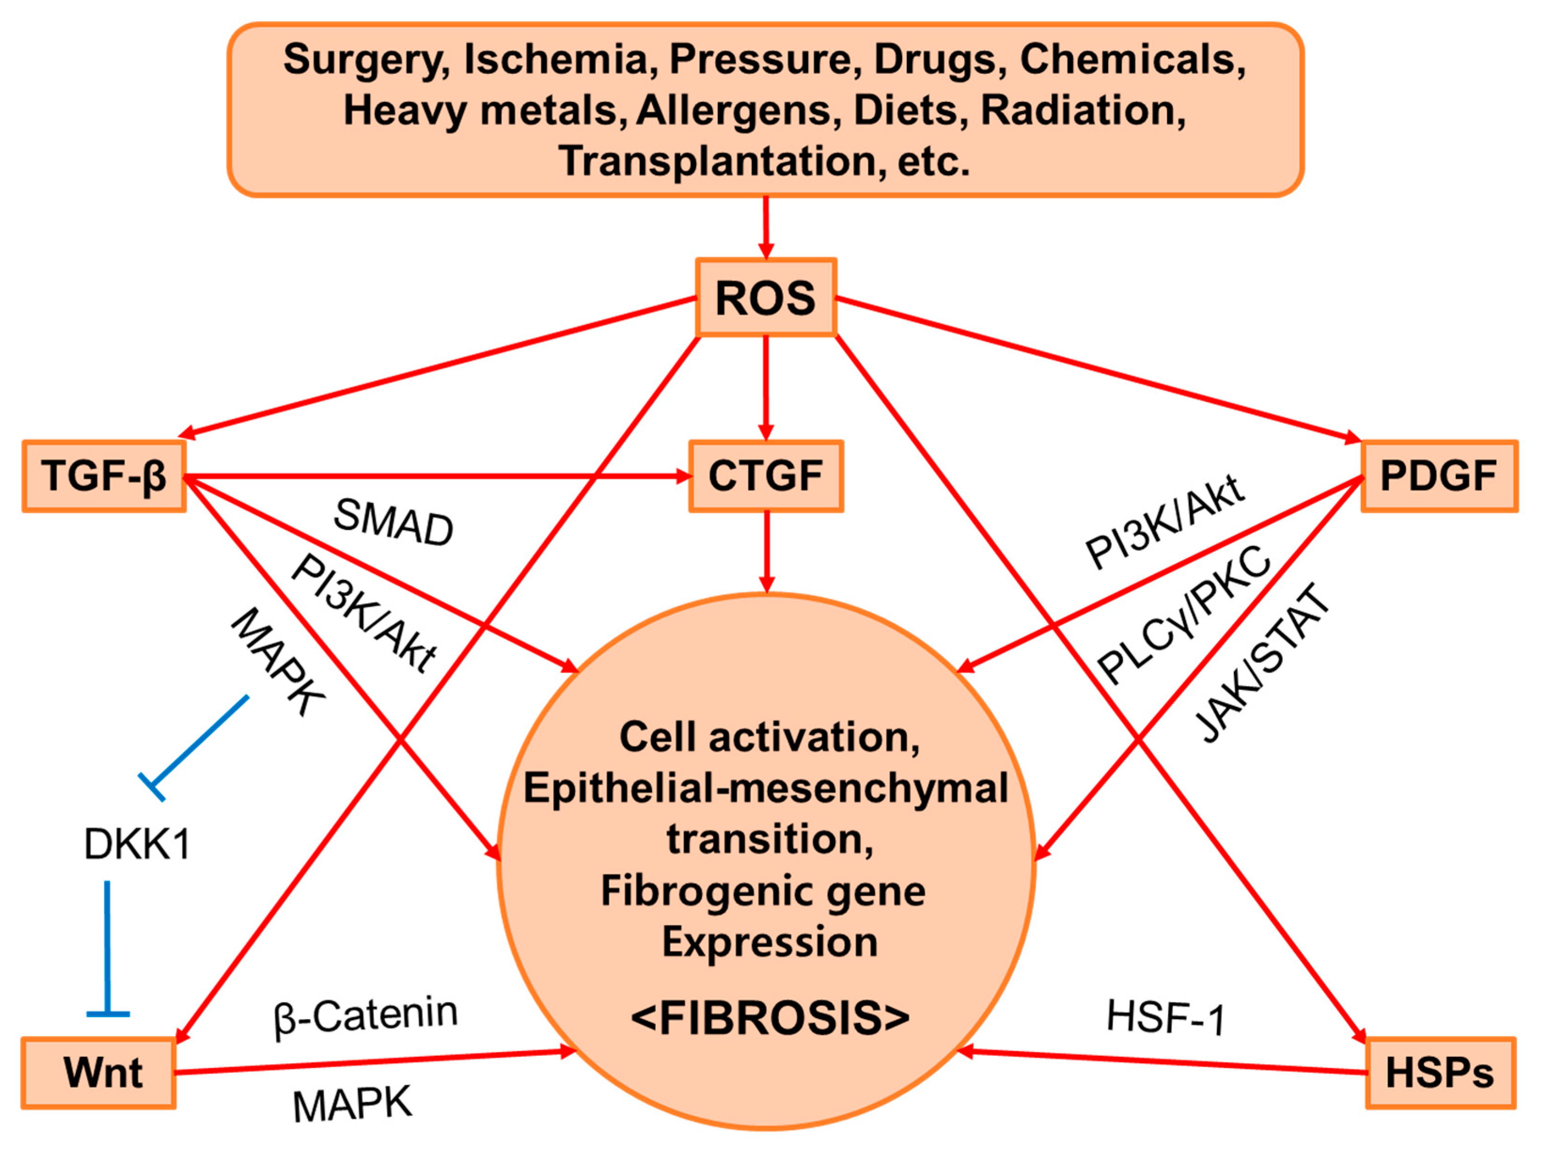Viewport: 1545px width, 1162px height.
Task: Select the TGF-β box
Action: point(104,476)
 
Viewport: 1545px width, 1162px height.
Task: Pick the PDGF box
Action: point(1439,476)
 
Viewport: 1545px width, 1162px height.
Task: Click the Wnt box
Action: point(99,1073)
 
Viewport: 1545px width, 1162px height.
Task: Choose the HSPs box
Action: point(1440,1073)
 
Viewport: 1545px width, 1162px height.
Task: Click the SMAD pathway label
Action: point(393,523)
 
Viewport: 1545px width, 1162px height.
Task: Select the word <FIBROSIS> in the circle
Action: point(769,1018)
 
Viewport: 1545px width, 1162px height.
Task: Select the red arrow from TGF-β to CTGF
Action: point(433,476)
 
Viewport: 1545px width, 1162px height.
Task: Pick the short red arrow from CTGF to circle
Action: point(766,552)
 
